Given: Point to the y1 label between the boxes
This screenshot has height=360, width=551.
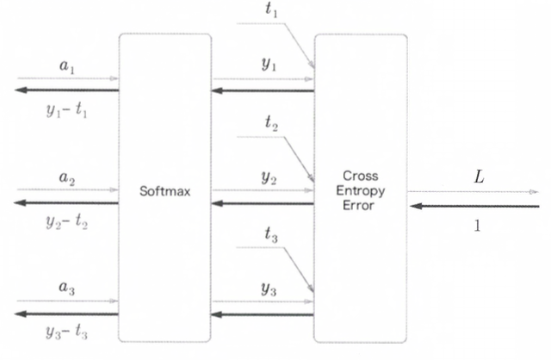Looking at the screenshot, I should [269, 65].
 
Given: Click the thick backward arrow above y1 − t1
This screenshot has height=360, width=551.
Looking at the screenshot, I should [66, 90].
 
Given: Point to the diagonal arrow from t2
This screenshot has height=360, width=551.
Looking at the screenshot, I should [298, 156].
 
